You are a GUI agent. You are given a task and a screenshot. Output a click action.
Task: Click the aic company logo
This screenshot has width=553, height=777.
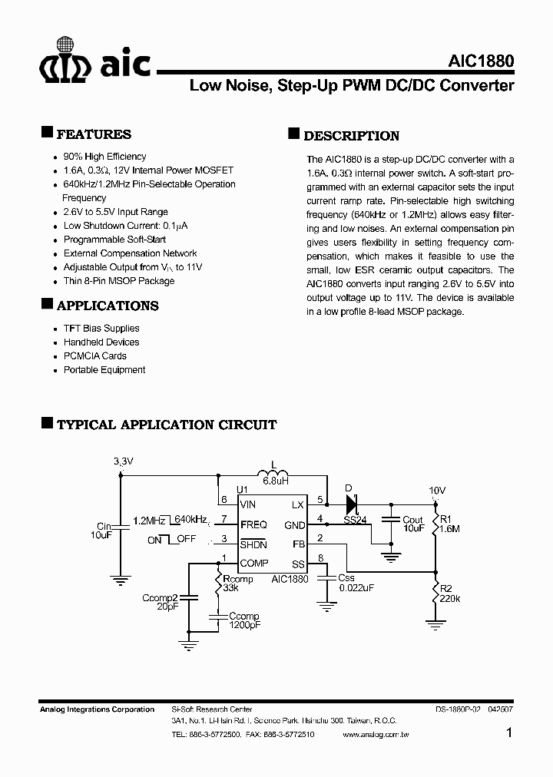[x=95, y=66]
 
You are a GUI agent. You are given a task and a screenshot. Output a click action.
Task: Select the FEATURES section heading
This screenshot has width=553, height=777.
[x=94, y=134]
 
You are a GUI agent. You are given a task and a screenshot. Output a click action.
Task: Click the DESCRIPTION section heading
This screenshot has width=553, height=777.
[x=351, y=136]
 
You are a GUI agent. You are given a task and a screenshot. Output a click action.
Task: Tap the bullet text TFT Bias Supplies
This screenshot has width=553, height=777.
[x=101, y=329]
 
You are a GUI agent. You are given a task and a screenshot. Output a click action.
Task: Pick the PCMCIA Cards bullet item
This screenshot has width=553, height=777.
[x=95, y=356]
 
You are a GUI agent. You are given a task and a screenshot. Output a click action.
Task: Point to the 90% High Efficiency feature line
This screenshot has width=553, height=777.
[x=104, y=157]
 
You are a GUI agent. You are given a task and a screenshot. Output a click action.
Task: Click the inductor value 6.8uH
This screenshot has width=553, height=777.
[x=275, y=481]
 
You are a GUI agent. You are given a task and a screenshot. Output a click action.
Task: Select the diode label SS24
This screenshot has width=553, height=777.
[x=354, y=520]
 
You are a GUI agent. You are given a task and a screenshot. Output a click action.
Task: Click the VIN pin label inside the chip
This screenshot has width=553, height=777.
[x=248, y=504]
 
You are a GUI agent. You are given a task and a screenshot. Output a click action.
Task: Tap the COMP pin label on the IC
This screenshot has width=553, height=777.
[x=253, y=563]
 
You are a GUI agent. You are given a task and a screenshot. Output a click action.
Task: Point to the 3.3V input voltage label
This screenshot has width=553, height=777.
[x=123, y=461]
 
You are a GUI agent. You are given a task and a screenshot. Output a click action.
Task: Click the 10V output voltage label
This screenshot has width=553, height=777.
[x=437, y=490]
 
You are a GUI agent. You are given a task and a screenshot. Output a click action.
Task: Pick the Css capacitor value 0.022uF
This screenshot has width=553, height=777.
[x=356, y=588]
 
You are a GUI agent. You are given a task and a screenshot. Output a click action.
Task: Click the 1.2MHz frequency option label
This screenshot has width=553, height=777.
[x=149, y=521]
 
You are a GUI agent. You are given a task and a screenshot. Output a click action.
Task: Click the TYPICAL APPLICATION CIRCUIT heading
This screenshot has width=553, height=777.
[x=167, y=425]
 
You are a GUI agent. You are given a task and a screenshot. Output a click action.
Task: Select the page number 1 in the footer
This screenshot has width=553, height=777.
[x=508, y=734]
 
